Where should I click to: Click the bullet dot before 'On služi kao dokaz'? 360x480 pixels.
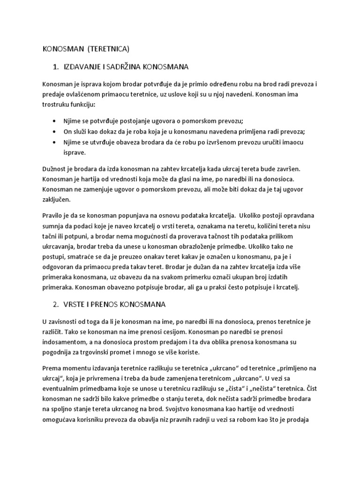57,131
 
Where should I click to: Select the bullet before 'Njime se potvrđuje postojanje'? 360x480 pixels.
57,120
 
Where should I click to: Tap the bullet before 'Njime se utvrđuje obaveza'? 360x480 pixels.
57,142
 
